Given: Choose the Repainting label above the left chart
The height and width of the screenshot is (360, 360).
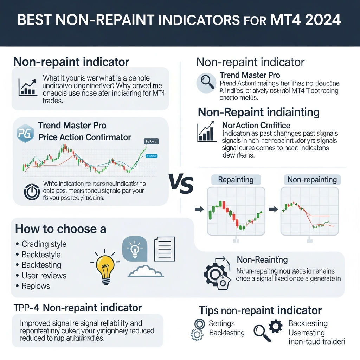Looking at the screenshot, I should tap(236, 180).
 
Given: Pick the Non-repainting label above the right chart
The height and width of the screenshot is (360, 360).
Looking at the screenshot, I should tap(312, 180).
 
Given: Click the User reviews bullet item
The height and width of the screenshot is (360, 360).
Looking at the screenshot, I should tap(44, 276).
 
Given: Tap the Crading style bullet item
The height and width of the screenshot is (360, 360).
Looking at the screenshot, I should tap(44, 244).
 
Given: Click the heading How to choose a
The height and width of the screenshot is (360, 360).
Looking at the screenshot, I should tap(60, 229).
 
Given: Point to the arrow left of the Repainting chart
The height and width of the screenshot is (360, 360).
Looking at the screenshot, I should tap(199, 210).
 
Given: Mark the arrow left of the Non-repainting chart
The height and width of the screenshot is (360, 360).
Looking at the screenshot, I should tap(272, 210).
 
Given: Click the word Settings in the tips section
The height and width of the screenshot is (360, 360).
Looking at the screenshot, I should tap(221, 323).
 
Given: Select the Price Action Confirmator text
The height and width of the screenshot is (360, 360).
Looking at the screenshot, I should tap(84, 137).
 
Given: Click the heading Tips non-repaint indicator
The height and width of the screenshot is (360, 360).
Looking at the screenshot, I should tap(260, 310).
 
